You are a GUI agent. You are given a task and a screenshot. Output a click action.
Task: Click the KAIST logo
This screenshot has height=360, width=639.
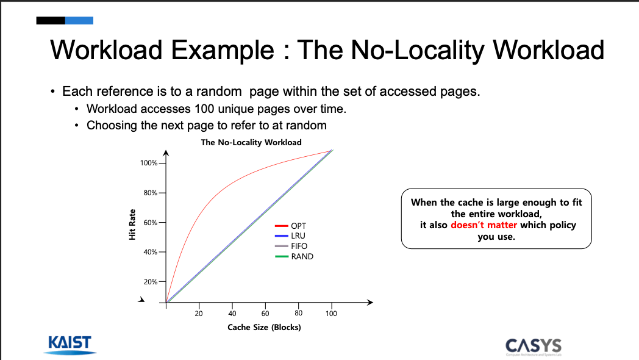click(x=70, y=345)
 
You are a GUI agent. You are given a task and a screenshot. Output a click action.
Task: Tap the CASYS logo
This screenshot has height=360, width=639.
click(x=534, y=347)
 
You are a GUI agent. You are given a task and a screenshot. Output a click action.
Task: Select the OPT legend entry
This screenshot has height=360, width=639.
click(x=291, y=226)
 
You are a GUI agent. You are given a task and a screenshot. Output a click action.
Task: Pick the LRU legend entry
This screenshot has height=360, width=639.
click(x=290, y=236)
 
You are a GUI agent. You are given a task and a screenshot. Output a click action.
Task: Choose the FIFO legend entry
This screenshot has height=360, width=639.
click(x=291, y=247)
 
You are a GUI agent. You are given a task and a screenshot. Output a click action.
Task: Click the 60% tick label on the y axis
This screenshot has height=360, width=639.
click(x=151, y=223)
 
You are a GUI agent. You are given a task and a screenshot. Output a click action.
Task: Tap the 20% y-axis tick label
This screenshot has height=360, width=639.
click(x=151, y=282)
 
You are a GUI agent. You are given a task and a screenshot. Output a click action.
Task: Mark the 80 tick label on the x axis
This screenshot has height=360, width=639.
click(x=298, y=313)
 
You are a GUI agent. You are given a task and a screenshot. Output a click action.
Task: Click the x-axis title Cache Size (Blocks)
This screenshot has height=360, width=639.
click(x=264, y=328)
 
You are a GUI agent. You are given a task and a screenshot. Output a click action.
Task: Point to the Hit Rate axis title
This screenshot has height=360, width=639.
click(x=132, y=225)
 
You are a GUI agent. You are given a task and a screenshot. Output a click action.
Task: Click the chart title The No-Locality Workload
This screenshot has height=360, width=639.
click(x=251, y=142)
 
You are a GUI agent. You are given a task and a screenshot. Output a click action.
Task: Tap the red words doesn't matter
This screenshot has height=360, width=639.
click(x=484, y=225)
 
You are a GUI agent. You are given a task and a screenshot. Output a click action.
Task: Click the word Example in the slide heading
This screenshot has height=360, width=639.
click(x=222, y=50)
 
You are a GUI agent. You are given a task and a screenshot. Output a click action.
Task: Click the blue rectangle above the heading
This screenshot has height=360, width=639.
click(x=79, y=20)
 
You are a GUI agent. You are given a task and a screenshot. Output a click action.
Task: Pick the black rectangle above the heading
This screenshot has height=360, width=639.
click(x=51, y=20)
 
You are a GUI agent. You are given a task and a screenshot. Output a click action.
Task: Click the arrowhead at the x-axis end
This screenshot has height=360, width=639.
click(x=370, y=302)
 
